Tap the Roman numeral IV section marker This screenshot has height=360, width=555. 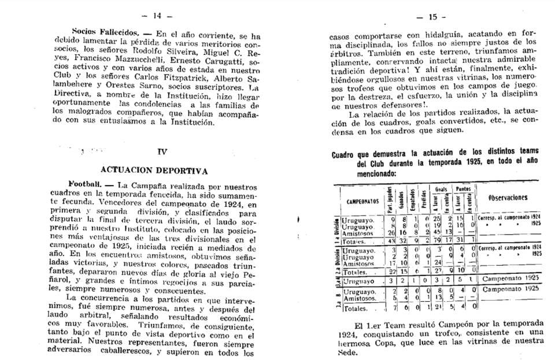click(162, 151)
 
